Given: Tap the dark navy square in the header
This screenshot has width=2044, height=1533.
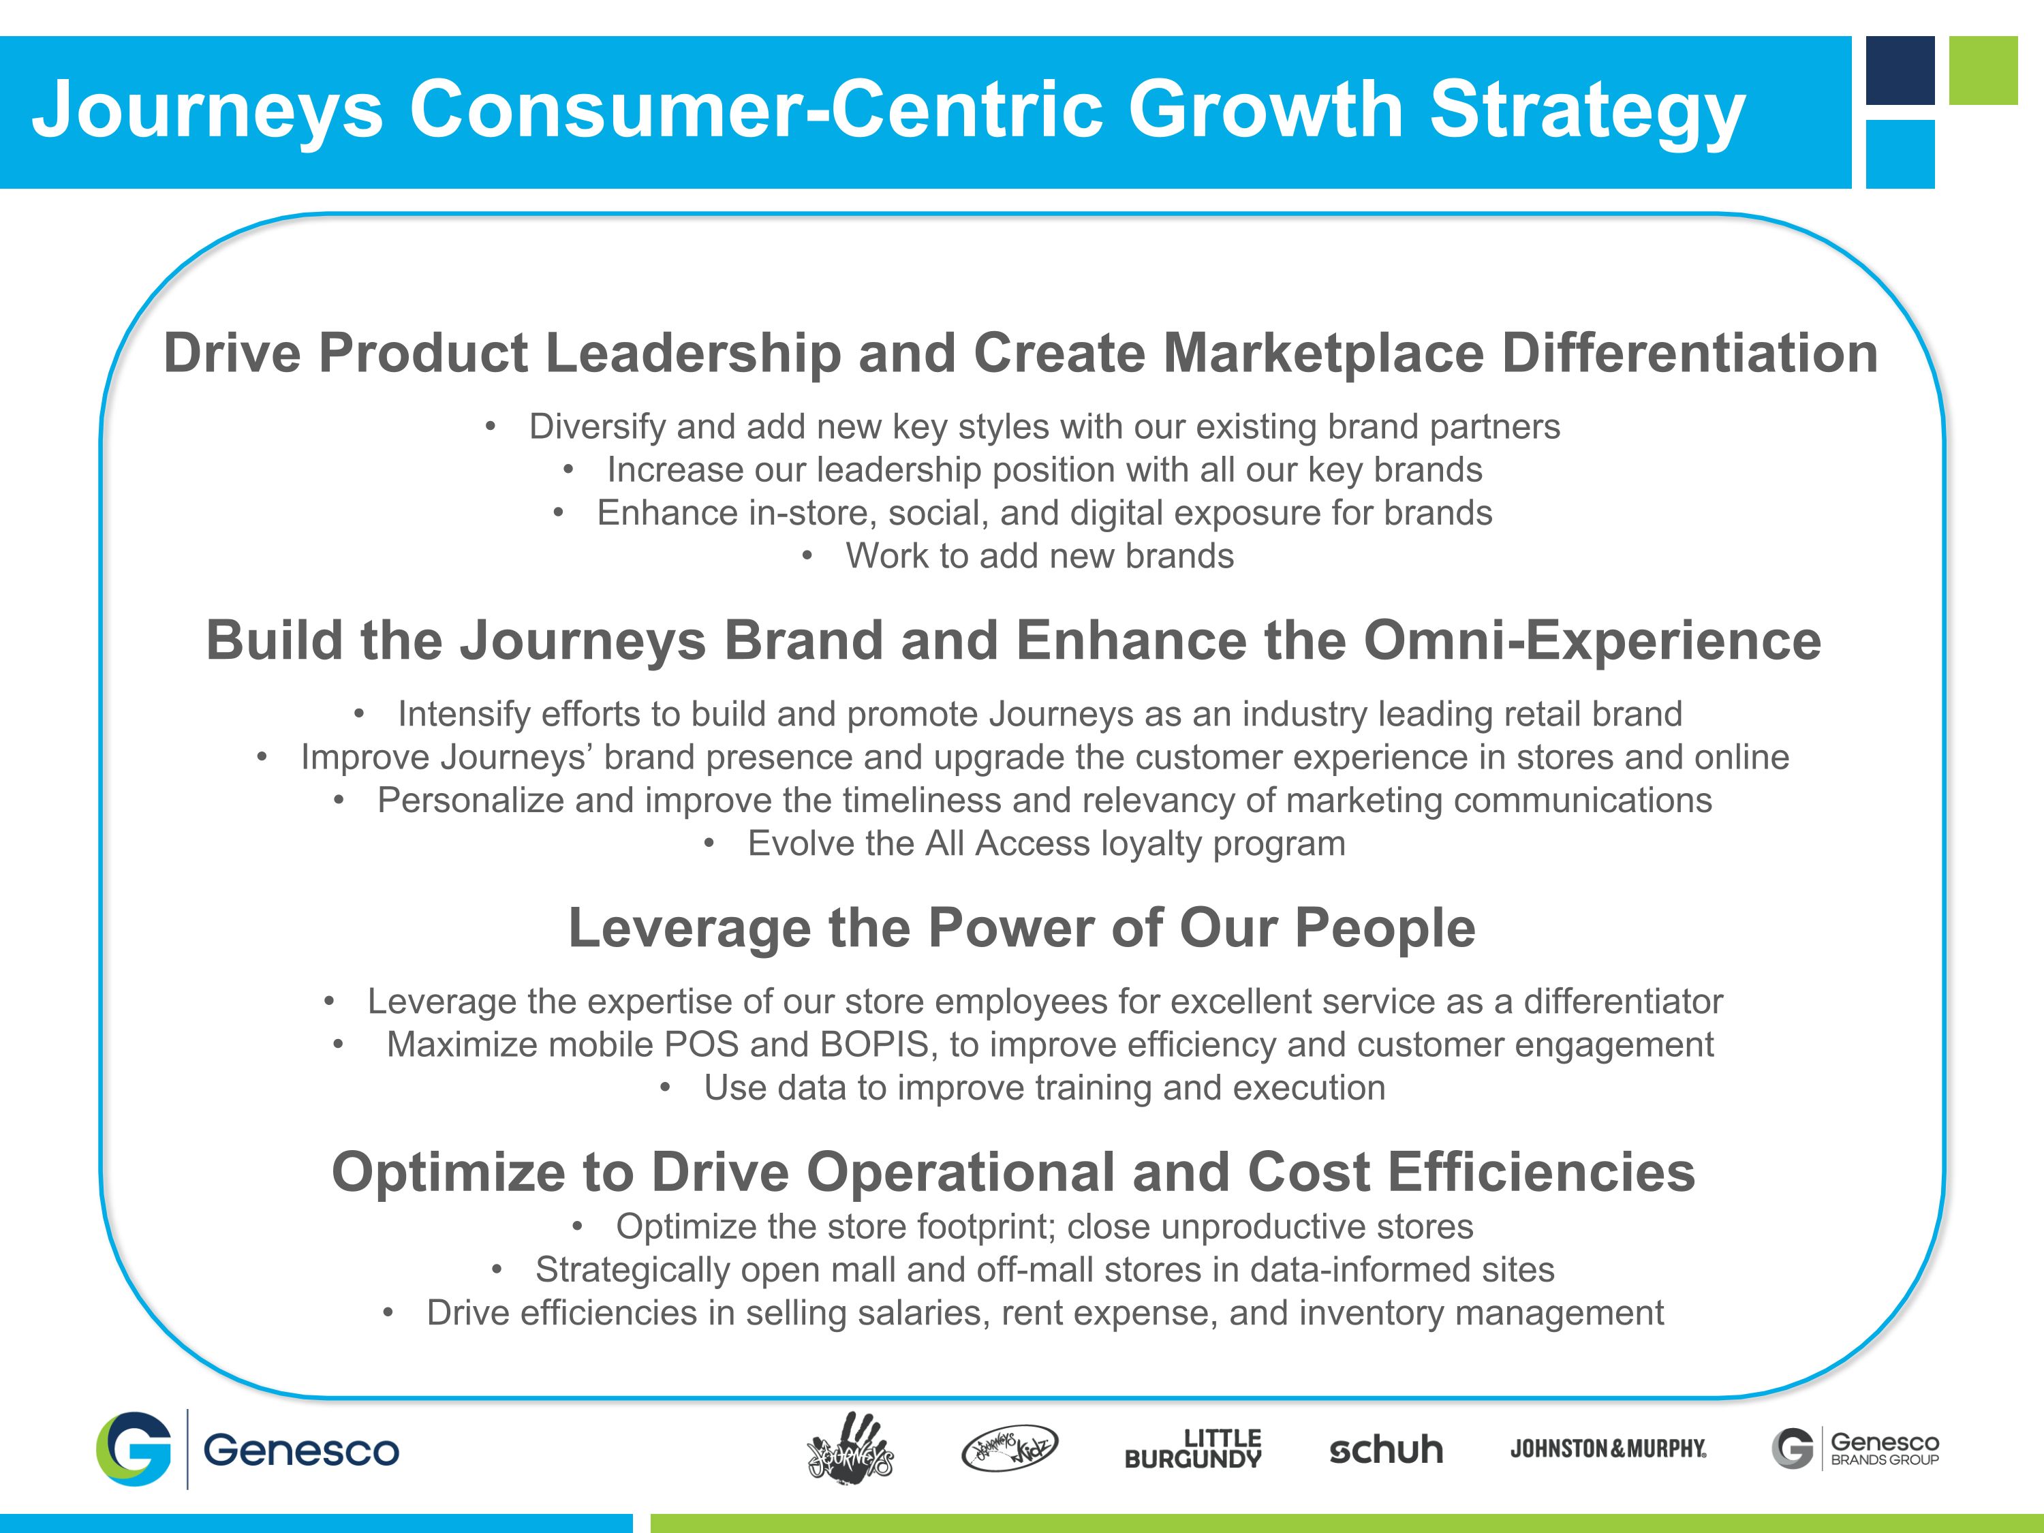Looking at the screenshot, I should point(1900,70).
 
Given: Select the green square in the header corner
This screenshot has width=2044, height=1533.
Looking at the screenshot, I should point(1983,70).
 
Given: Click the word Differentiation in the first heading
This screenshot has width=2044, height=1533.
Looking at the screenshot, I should point(1689,353).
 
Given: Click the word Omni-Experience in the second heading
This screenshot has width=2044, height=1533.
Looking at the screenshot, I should point(1591,640).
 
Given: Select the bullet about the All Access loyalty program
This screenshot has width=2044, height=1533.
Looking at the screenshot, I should point(1045,843).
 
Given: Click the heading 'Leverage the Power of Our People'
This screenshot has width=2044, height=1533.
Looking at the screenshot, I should point(1021,928).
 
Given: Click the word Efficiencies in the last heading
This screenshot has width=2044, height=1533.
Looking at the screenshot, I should point(1540,1173).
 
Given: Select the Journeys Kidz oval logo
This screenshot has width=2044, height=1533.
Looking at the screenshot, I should point(1009,1448).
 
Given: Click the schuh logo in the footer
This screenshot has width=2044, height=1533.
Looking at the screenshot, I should point(1385,1450).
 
